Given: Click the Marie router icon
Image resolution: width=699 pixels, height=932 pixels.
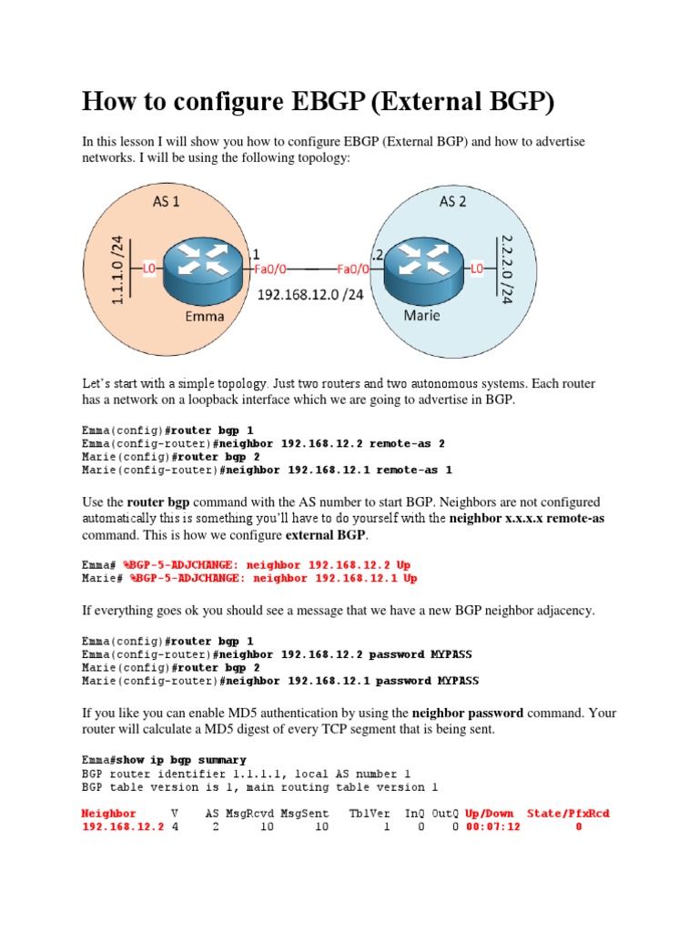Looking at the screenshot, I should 420,267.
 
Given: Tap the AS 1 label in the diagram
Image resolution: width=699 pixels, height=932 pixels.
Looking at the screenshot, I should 166,202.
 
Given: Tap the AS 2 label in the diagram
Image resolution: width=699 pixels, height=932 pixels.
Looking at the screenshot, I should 452,201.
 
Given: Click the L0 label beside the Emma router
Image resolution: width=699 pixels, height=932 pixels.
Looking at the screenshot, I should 150,268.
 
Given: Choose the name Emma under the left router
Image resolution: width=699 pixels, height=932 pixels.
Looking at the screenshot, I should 206,317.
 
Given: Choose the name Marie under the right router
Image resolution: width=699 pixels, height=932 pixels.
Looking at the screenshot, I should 420,316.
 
